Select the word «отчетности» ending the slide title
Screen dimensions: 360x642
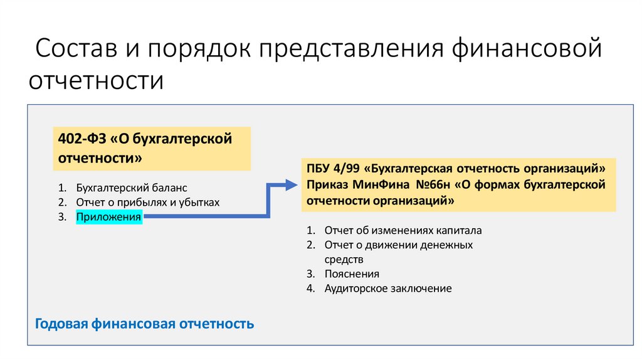pos(95,81)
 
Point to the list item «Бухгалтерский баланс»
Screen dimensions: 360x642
pos(132,188)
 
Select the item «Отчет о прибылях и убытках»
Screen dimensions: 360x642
pos(148,202)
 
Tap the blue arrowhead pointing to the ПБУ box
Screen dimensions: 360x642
pos(289,185)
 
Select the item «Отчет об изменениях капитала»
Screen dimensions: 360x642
pos(403,230)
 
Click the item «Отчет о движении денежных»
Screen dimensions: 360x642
pos(398,245)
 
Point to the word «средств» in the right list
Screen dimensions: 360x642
pos(344,259)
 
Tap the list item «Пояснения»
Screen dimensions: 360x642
pos(352,274)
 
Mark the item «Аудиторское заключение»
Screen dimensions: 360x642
pos(387,289)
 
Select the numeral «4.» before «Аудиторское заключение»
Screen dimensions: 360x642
pos(310,289)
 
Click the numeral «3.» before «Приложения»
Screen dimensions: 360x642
pos(62,217)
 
